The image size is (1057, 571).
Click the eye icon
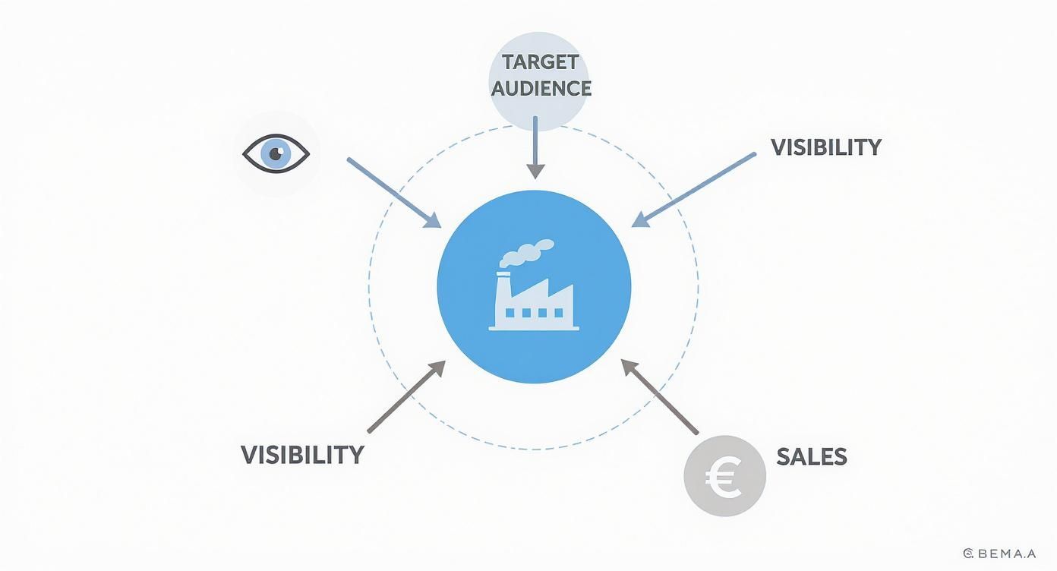(276, 154)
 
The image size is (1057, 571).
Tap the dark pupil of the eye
(274, 153)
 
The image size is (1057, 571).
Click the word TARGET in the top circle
(540, 62)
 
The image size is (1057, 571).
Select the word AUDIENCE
(541, 88)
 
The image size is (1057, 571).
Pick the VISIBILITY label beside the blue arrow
(825, 147)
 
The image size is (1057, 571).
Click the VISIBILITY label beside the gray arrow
(302, 455)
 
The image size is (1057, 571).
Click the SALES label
(811, 456)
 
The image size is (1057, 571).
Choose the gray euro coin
(724, 476)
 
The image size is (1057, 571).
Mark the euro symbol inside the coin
(724, 477)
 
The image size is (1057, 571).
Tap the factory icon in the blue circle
(534, 292)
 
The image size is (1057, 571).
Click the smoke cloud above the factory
(526, 253)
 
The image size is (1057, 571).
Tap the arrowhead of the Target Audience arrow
(536, 171)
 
